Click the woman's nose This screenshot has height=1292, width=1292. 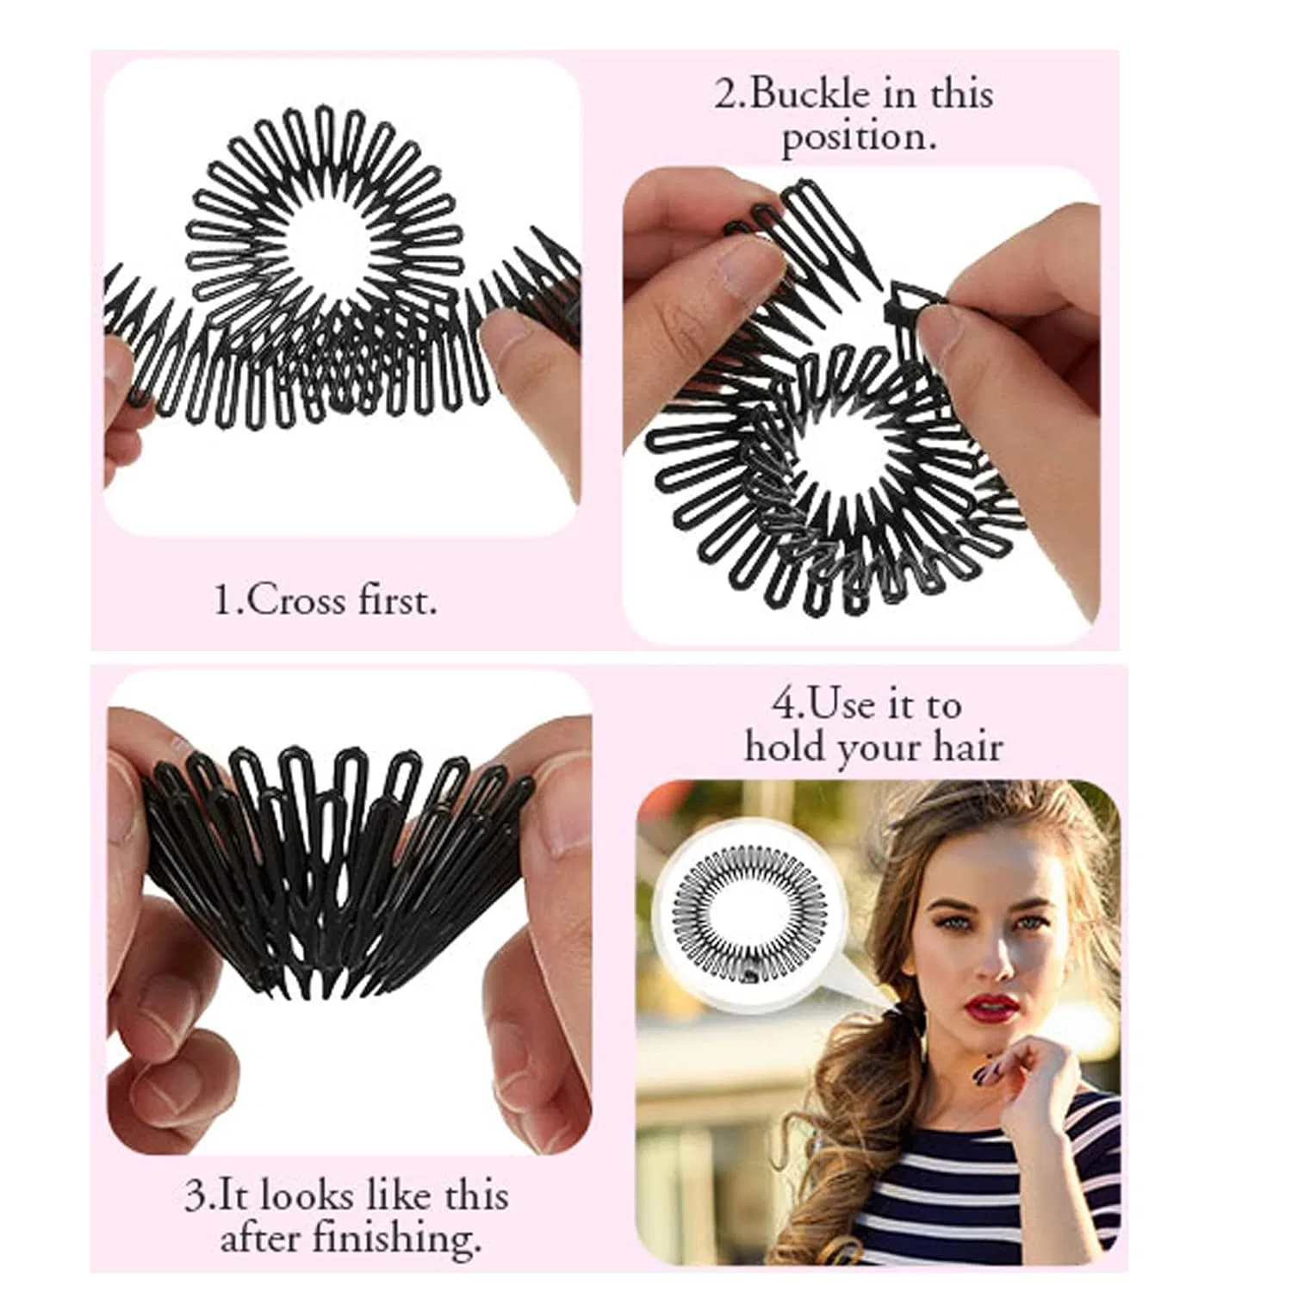pyautogui.click(x=985, y=956)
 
